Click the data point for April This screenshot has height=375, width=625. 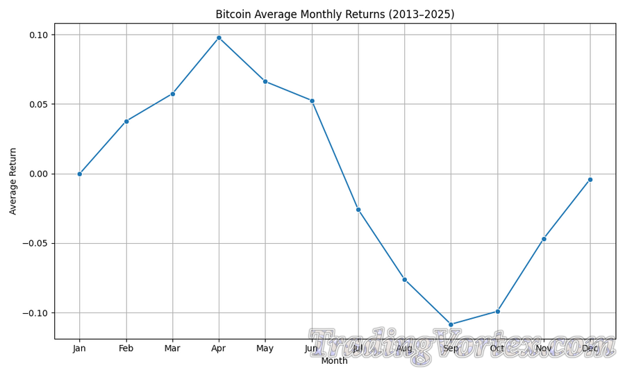[x=219, y=37]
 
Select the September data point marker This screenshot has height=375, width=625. [x=451, y=324]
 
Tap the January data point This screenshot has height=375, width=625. [x=80, y=174]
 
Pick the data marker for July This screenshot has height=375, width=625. [x=358, y=210]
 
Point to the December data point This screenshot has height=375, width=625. [x=590, y=179]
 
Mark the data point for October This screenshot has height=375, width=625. [x=497, y=311]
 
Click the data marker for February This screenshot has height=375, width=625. [x=126, y=122]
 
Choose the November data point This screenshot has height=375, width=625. [x=544, y=239]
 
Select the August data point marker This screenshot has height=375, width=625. [x=405, y=279]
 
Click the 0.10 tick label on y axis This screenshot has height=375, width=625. [x=38, y=35]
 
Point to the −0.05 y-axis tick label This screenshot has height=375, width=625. [x=35, y=243]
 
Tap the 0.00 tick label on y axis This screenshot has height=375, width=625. [x=38, y=174]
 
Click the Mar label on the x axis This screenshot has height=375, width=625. [x=172, y=349]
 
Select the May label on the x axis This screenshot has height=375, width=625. [x=265, y=349]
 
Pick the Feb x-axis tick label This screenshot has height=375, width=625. [x=126, y=349]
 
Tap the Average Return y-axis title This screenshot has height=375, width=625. [x=13, y=181]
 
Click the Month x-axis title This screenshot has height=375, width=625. [x=335, y=361]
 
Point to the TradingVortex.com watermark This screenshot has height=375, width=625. [x=462, y=346]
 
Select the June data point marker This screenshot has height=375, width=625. [x=312, y=101]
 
